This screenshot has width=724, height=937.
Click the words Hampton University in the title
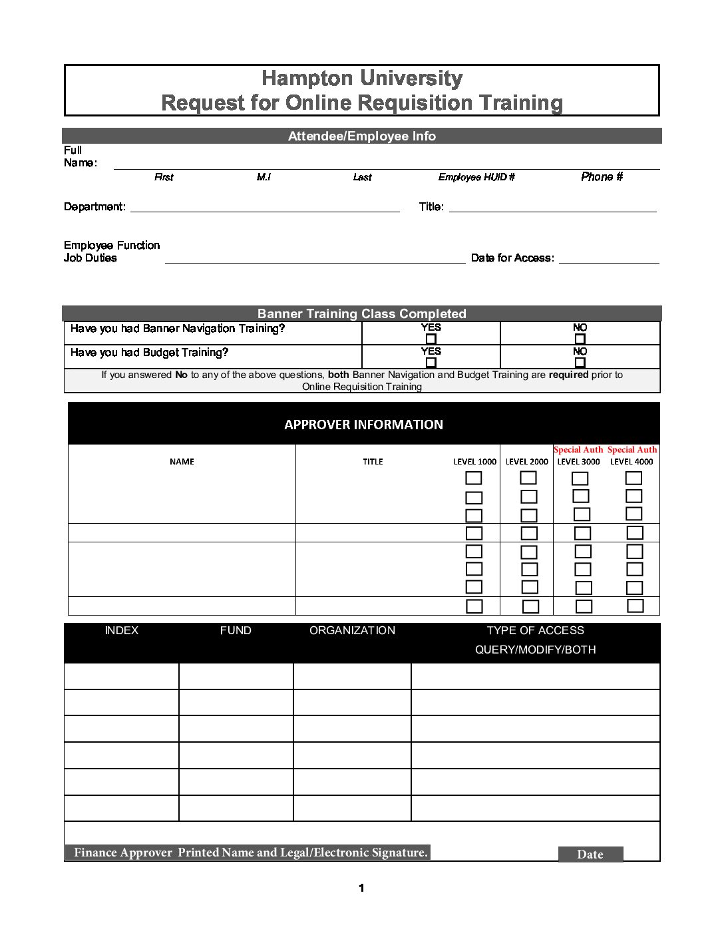pos(362,79)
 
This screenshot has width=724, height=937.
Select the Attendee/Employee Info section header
pos(362,136)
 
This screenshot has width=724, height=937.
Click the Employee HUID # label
pos(476,177)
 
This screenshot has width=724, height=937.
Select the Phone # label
pos(602,177)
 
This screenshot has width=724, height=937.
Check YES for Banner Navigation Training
pos(431,339)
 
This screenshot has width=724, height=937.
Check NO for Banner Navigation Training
pos(580,339)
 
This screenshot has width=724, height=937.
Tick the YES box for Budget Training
pos(431,363)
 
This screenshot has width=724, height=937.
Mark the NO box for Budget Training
pos(580,363)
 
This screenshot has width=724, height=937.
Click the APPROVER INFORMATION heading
pos(363,425)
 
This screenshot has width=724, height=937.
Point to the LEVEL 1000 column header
pos(474,462)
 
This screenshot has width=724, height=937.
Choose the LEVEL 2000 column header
pos(527,462)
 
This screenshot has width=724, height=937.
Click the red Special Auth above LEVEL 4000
pos(632,450)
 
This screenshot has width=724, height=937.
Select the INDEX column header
pos(122,630)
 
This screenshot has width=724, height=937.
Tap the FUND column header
pos(236,630)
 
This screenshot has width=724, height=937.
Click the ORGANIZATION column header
pos(352,630)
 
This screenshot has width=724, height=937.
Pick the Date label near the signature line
pos(590,854)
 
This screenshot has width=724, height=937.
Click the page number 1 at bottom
pos(361,888)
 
